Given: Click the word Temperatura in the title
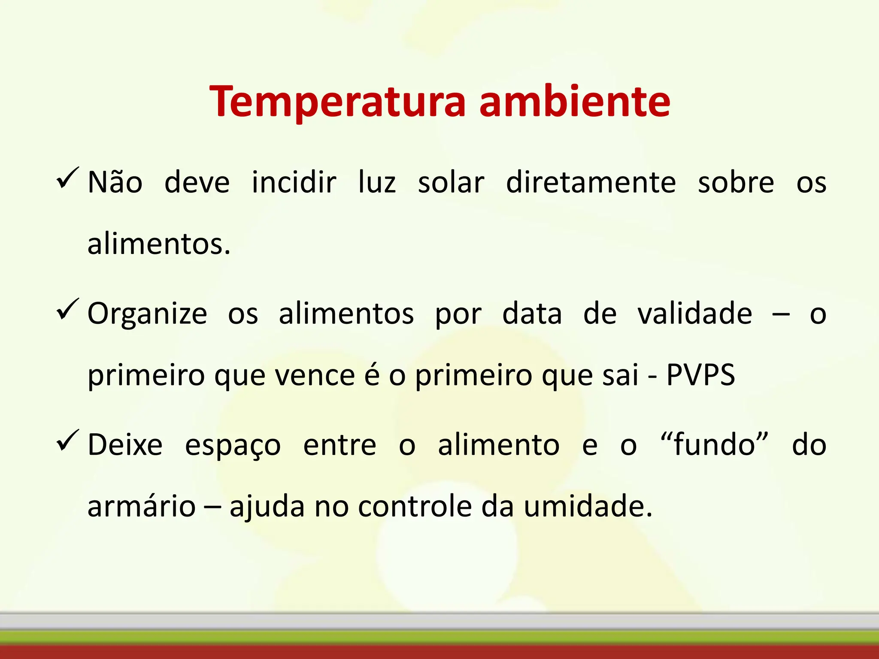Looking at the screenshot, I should [337, 102].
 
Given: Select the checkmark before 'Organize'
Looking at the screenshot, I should [67, 310].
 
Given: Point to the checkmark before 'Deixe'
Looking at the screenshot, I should [67, 441].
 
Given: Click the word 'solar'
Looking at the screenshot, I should [451, 182].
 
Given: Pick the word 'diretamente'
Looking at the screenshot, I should [591, 182].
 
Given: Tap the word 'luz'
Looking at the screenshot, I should [377, 182].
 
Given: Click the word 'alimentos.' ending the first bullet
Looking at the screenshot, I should [159, 244].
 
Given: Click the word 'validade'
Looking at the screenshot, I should [694, 314].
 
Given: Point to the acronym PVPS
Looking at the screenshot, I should [700, 375].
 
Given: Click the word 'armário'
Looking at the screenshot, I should [142, 506].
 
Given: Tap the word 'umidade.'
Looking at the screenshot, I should [588, 506].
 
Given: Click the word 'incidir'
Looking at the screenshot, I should [294, 182].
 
